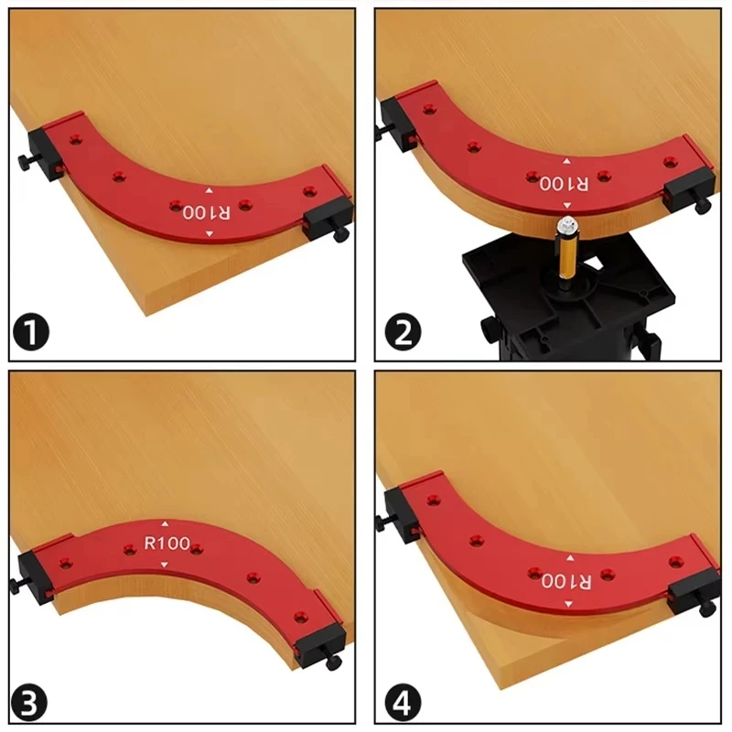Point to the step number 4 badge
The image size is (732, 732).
click(404, 703)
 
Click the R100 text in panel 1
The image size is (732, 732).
click(208, 212)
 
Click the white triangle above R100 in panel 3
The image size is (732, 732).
click(166, 524)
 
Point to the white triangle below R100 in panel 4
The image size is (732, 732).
click(570, 604)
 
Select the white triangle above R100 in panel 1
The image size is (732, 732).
click(209, 191)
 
